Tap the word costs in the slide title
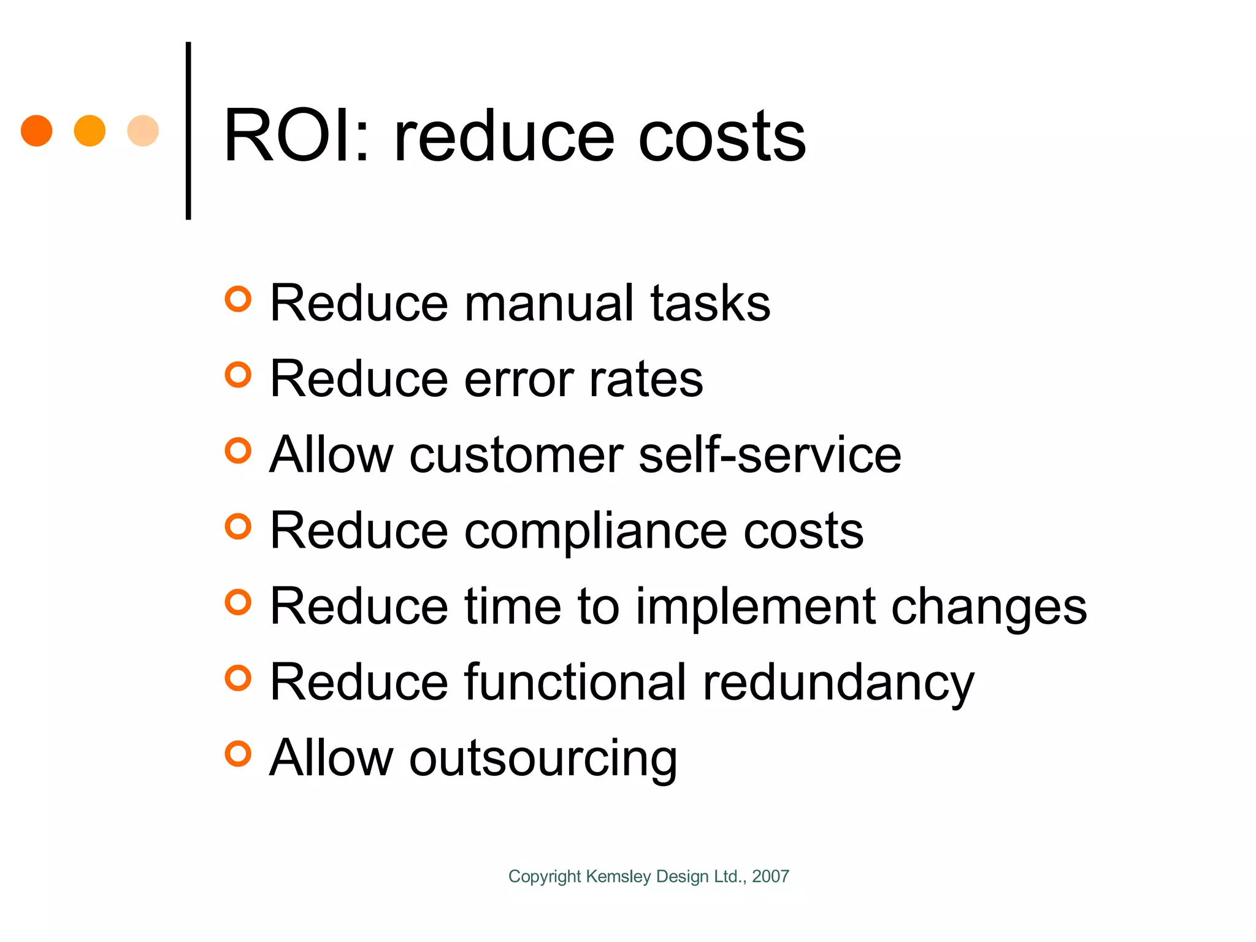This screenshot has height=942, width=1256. click(x=722, y=138)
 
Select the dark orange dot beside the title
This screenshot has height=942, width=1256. click(x=37, y=131)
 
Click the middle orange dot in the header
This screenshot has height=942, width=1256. click(x=90, y=131)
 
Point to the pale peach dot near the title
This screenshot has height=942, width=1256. click(x=143, y=131)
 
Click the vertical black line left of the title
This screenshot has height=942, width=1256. click(x=188, y=131)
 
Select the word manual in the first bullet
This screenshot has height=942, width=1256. click(x=548, y=303)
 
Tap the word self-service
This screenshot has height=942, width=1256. click(x=770, y=455)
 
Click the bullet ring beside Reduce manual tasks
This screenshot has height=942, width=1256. click(x=238, y=299)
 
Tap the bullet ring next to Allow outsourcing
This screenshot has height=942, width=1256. click(x=238, y=754)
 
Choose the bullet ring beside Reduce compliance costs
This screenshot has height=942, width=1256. click(x=238, y=527)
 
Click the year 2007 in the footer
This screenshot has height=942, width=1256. click(x=770, y=876)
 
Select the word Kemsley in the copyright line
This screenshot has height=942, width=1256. click(x=618, y=877)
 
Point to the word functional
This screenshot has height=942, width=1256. click(x=575, y=682)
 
